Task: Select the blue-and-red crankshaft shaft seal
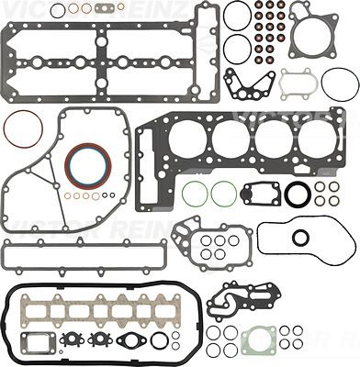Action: pos(87,164)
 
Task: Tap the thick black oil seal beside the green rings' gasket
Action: pos(298,195)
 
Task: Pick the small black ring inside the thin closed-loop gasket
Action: pos(300,238)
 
